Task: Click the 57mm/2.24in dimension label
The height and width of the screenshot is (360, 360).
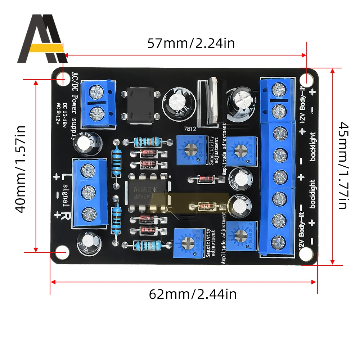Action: (191, 44)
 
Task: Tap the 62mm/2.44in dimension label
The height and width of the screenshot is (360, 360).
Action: (193, 294)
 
